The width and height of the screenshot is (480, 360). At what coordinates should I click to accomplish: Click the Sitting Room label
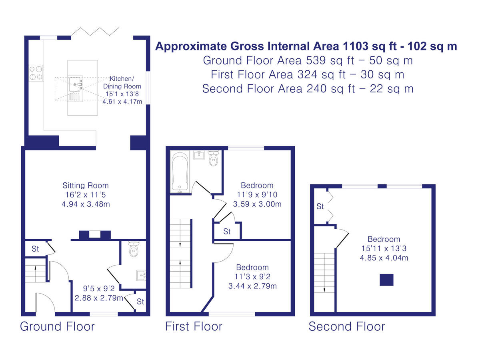coord(86,186)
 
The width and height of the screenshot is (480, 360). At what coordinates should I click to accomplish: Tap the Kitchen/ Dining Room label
coord(122,82)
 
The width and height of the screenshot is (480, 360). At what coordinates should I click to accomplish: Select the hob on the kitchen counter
coord(36,73)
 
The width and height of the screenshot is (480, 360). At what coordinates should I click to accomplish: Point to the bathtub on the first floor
coord(180,172)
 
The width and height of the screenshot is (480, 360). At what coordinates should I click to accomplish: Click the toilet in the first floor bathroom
coord(214,158)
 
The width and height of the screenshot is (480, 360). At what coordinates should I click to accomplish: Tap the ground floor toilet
coord(134,249)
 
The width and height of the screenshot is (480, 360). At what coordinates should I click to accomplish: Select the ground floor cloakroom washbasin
coord(141,276)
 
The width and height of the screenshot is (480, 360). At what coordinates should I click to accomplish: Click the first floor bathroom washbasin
coord(199,155)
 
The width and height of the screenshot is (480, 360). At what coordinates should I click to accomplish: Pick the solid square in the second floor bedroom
coord(386,280)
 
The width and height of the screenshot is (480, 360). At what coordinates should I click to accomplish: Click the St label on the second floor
coord(320,206)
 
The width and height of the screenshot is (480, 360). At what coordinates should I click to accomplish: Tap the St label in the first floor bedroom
coord(227,232)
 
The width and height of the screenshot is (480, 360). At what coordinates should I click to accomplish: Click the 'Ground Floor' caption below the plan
coord(57,326)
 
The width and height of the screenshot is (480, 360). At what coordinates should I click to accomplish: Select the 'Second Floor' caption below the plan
coord(347,326)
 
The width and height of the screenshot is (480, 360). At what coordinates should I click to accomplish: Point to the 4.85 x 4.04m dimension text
coord(384,258)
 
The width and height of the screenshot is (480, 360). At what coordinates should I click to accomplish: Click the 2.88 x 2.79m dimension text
coord(99,298)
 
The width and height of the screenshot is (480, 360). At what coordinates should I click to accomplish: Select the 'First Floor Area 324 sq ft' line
coord(278,74)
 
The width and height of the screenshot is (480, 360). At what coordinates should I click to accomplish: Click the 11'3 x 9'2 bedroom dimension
coord(252,277)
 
